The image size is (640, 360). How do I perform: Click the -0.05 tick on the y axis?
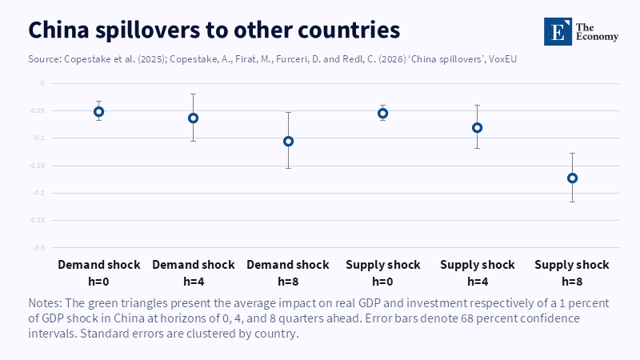click(37, 110)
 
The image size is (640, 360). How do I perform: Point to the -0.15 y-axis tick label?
click(37, 166)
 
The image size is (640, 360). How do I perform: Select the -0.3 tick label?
click(38, 248)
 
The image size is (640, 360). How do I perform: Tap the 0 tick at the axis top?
click(42, 83)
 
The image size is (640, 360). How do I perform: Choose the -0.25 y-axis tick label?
click(37, 221)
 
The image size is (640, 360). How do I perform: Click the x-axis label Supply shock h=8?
click(572, 273)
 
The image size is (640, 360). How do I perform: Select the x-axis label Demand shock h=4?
click(194, 273)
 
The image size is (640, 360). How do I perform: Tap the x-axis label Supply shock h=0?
click(383, 273)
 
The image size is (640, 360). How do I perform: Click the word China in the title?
click(58, 30)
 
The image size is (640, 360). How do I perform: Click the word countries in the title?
click(349, 30)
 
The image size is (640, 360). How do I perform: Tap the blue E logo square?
click(558, 31)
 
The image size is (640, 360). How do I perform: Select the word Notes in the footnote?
click(45, 303)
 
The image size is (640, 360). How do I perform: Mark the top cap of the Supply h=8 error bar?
click(572, 153)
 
